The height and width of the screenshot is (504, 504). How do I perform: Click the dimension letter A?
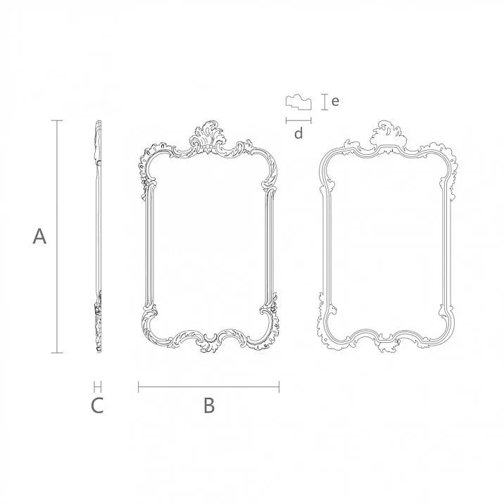pyautogui.click(x=40, y=237)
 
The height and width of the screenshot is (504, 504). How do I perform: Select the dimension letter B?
pyautogui.click(x=208, y=405)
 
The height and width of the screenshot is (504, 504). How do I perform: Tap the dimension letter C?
pyautogui.click(x=97, y=405)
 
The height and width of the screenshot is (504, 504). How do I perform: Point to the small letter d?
pyautogui.click(x=298, y=133)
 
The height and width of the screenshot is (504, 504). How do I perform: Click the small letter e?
pyautogui.click(x=336, y=101)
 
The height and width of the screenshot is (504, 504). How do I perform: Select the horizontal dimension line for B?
pyautogui.click(x=208, y=386)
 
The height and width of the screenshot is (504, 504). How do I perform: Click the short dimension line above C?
pyautogui.click(x=97, y=386)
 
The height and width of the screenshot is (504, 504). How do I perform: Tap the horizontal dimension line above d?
pyautogui.click(x=298, y=120)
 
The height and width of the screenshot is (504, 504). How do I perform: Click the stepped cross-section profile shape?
pyautogui.click(x=298, y=103)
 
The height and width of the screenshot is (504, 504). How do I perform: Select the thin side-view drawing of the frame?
pyautogui.click(x=97, y=237)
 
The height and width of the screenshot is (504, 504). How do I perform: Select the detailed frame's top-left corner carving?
pyautogui.click(x=151, y=158)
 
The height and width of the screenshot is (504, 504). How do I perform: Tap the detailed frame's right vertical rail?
pyautogui.click(x=268, y=243)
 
